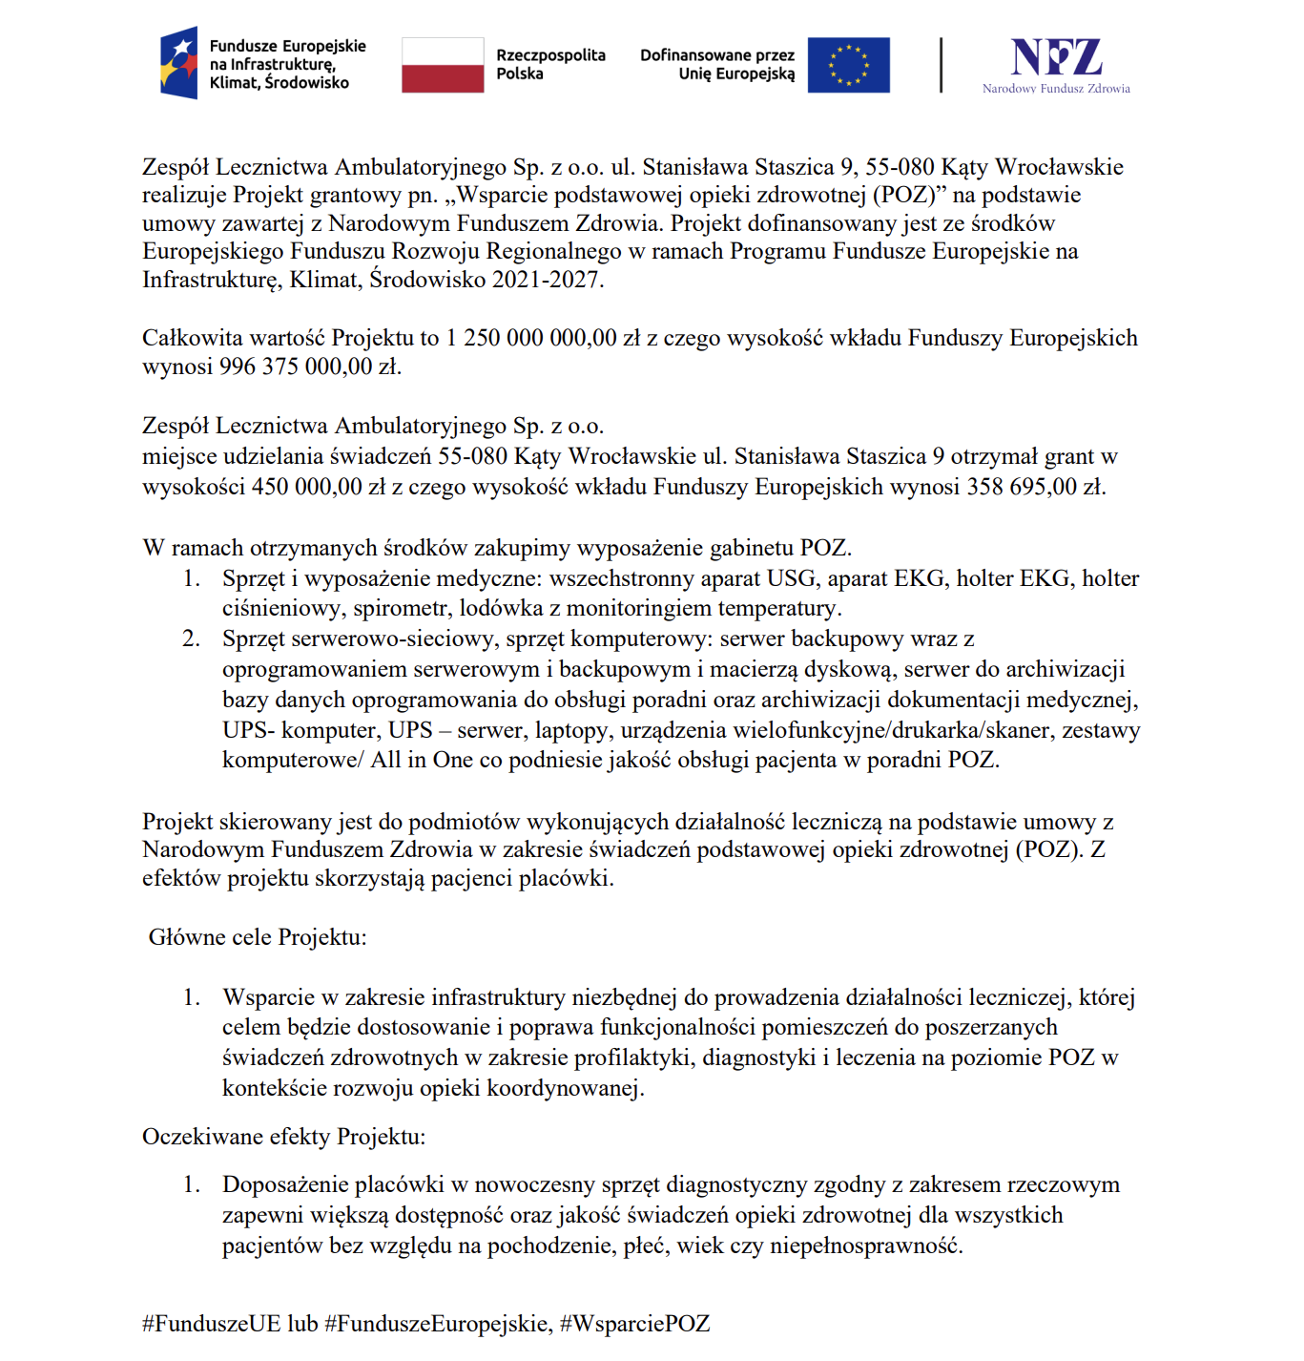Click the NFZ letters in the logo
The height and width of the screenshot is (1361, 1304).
pos(1056,58)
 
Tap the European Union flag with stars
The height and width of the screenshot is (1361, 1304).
pos(848,65)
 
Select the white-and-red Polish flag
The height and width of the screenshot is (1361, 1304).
pos(443,65)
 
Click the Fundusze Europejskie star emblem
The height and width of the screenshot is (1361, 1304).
pos(179,63)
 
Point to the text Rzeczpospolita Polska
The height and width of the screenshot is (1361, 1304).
pos(550,64)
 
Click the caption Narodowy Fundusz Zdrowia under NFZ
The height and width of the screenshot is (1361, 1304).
pos(1056,89)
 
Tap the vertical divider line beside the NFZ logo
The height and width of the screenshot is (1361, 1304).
pos(941,65)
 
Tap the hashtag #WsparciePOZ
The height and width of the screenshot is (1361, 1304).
pos(634,1324)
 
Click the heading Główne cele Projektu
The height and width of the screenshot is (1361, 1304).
pos(258,937)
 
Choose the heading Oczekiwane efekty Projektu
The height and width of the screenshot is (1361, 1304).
pos(283,1137)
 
